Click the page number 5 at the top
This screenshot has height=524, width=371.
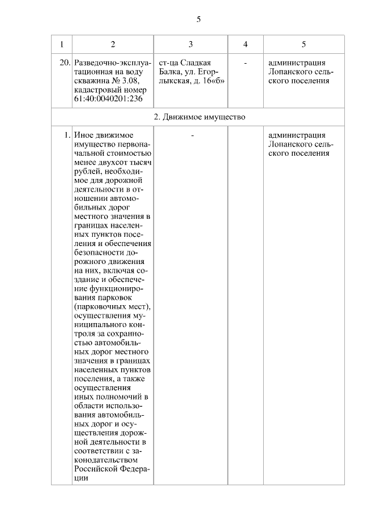click(198, 19)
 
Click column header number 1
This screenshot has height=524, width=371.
click(61, 44)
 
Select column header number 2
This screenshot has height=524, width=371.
click(112, 44)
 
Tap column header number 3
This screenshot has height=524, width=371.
click(191, 44)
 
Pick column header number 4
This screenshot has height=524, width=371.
click(245, 44)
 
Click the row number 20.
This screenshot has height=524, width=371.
click(65, 63)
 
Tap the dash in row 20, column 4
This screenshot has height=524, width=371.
click(245, 63)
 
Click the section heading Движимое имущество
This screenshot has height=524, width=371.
click(204, 117)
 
